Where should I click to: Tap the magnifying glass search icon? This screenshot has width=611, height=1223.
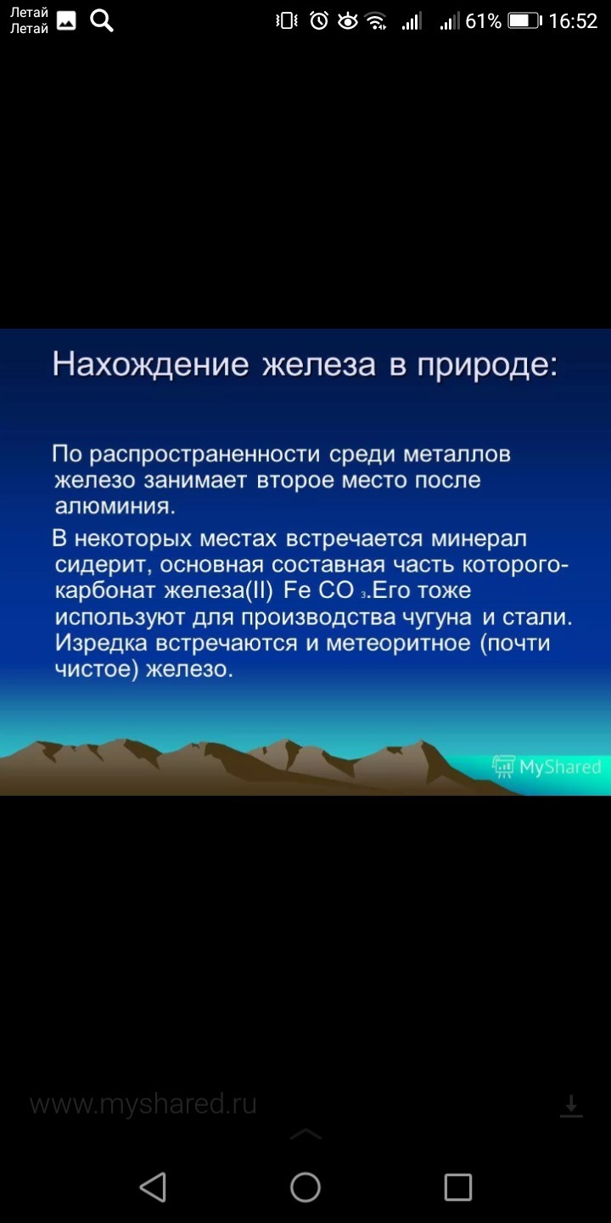click(x=102, y=21)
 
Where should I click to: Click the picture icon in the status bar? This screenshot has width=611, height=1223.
click(x=66, y=20)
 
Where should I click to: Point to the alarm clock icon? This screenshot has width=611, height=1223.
click(x=319, y=20)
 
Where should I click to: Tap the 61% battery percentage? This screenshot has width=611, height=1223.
click(x=484, y=20)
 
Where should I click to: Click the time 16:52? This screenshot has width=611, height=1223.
click(x=573, y=20)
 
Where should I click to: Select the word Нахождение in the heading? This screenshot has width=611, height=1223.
click(x=150, y=364)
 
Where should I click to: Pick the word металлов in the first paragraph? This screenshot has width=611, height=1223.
click(x=457, y=454)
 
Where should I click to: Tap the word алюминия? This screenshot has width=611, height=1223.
click(x=115, y=506)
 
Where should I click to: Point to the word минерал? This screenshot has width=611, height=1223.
click(x=479, y=538)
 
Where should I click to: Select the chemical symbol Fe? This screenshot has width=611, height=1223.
click(x=297, y=590)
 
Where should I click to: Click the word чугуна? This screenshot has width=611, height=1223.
click(x=437, y=617)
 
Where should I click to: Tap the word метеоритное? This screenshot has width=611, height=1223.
click(x=398, y=643)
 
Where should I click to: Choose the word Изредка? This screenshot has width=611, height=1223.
click(x=101, y=643)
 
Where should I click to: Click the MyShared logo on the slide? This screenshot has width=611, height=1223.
click(x=547, y=767)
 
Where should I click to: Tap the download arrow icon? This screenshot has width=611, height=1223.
click(x=571, y=1106)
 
